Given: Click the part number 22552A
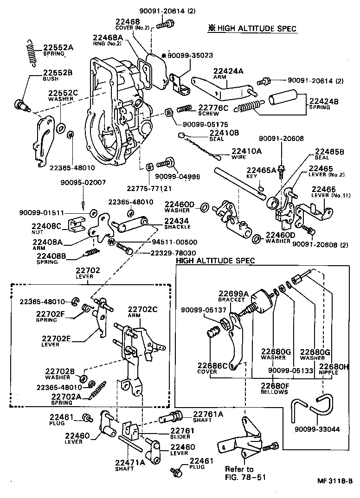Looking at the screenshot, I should click(x=58, y=47).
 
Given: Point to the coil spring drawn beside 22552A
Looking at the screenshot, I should click(x=30, y=50).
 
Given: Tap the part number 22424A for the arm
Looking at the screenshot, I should click(x=228, y=71).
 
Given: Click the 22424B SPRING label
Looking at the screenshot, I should click(x=324, y=103).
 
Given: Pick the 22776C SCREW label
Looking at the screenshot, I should click(x=214, y=109).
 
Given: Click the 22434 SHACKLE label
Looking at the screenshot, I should click(x=177, y=223).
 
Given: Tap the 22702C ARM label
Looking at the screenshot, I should click(x=142, y=312).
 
